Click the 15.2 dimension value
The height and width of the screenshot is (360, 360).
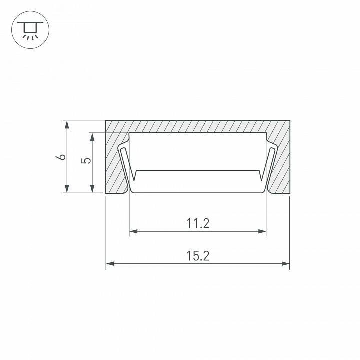198,256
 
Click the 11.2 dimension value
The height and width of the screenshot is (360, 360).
198,224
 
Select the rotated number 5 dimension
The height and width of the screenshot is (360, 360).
86,161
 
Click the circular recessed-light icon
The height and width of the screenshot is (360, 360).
30,30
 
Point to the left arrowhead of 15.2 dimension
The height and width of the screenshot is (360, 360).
110,264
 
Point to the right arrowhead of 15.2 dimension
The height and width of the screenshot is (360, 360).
286,264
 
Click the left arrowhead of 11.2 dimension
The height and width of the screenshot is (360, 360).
133,231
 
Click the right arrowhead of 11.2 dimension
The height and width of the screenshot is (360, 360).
262,231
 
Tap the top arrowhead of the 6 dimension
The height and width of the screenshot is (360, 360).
67,125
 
